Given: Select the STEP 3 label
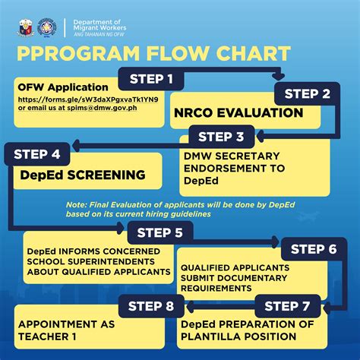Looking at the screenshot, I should tap(221, 137).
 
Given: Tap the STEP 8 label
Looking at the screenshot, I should tap(152, 307).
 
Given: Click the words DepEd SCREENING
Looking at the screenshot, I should tap(84, 175).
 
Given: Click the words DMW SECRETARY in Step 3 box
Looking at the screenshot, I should tap(223, 156).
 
